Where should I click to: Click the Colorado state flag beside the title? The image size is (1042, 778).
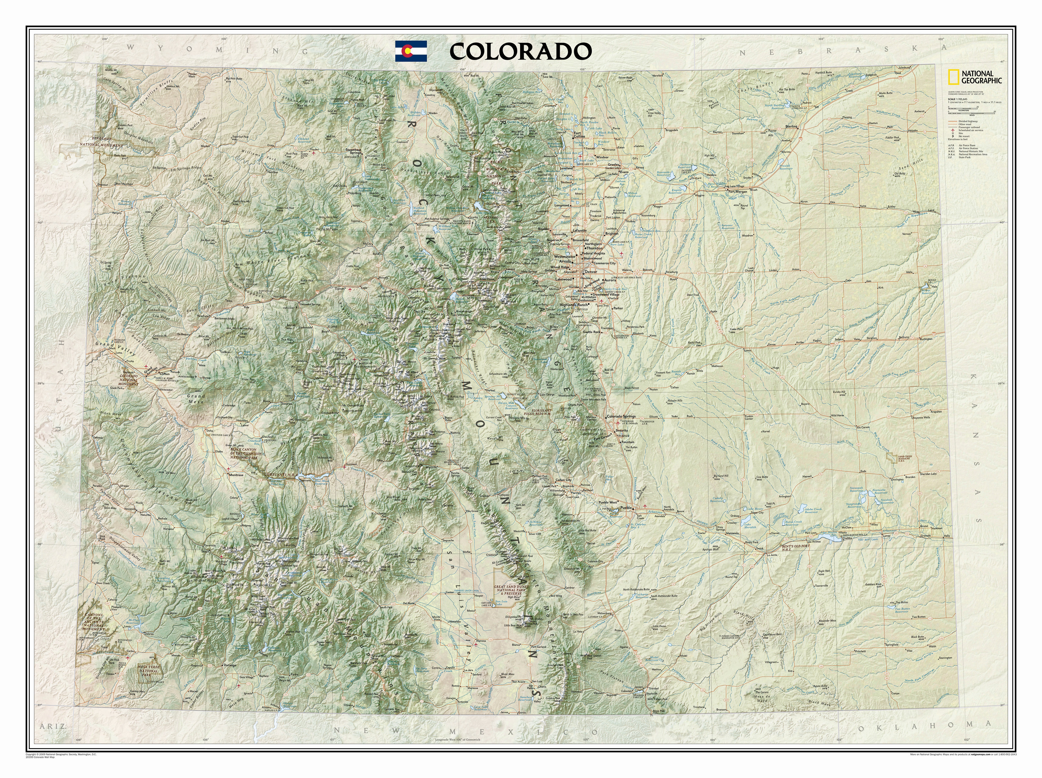coord(411,51)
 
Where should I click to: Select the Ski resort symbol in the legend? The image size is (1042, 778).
coord(953,137)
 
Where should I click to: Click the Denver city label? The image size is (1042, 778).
coord(591,272)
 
